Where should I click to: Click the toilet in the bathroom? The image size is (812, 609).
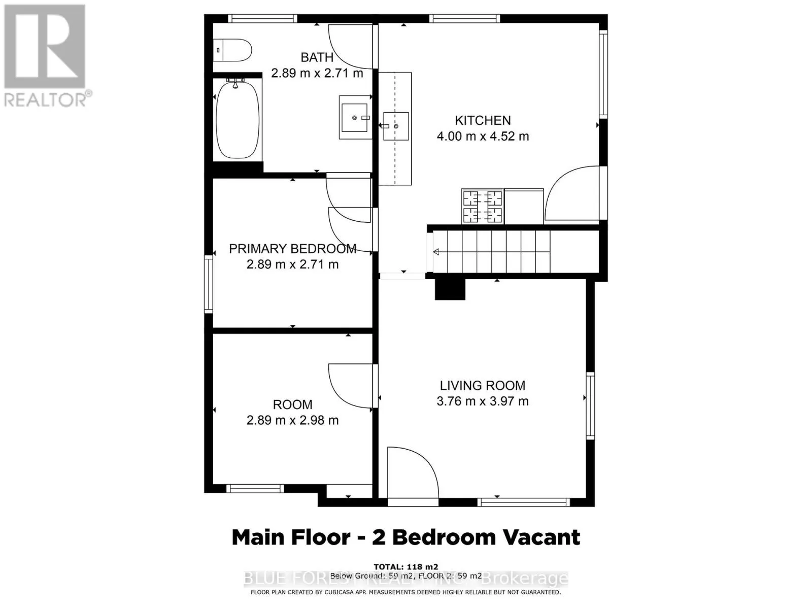tap(233, 50)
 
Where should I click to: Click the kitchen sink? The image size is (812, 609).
tap(395, 126)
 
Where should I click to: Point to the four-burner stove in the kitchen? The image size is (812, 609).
tap(482, 206)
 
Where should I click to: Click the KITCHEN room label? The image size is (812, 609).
tap(483, 120)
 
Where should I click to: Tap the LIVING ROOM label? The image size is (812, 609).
tap(482, 385)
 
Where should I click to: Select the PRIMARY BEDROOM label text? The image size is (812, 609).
tap(292, 249)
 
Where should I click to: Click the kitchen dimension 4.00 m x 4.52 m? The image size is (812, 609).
tap(483, 136)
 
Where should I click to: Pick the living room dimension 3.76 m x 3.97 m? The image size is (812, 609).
tap(482, 401)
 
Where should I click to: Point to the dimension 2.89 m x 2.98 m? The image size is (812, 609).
tap(292, 420)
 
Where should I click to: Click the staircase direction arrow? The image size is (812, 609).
tap(436, 252)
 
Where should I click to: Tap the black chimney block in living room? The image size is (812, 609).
tap(450, 289)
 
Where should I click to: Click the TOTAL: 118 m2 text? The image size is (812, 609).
tap(405, 567)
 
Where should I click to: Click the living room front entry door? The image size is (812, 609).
tap(411, 475)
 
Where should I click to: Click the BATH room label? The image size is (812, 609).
tap(317, 57)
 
